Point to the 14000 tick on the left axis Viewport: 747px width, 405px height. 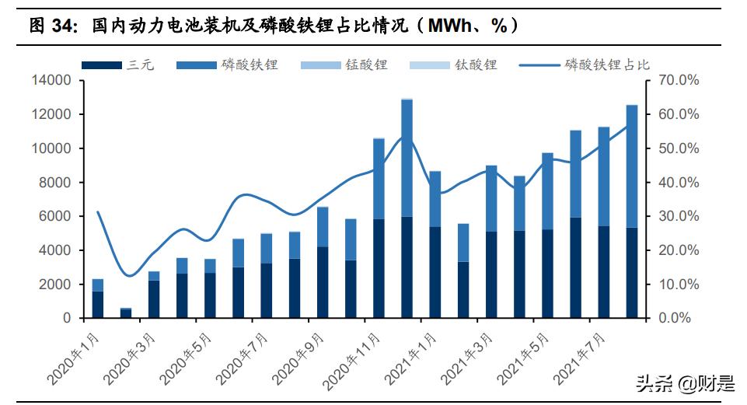[x=51, y=80]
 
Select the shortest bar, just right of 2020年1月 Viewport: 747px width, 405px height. [x=126, y=313]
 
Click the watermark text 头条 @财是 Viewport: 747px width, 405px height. [x=684, y=382]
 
